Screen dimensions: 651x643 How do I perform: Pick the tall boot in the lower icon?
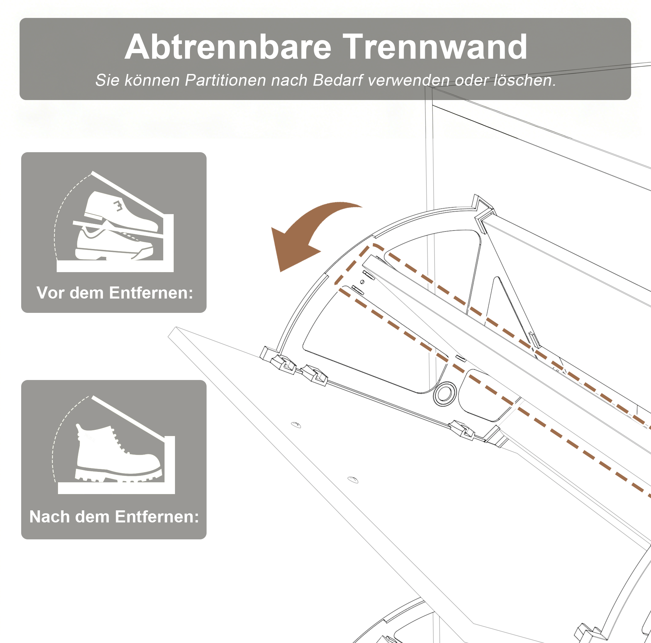118,453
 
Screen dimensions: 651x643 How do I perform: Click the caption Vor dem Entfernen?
115,293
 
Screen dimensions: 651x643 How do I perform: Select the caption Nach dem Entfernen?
114,517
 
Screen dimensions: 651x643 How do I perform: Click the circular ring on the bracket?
445,394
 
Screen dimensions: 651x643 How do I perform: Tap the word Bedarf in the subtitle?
338,80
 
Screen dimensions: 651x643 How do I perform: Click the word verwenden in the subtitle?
408,80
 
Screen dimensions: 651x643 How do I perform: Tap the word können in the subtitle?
152,80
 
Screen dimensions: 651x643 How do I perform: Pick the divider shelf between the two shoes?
118,229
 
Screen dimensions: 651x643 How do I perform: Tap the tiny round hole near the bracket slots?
362,282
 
